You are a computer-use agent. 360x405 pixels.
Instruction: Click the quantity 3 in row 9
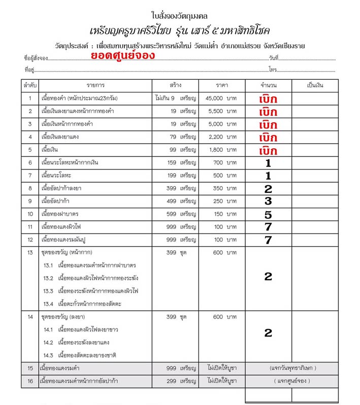[x=268, y=201]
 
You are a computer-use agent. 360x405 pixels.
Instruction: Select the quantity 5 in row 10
[x=268, y=214]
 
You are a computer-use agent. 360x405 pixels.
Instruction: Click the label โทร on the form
[x=273, y=69]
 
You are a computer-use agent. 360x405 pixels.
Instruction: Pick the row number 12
[x=30, y=240]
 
